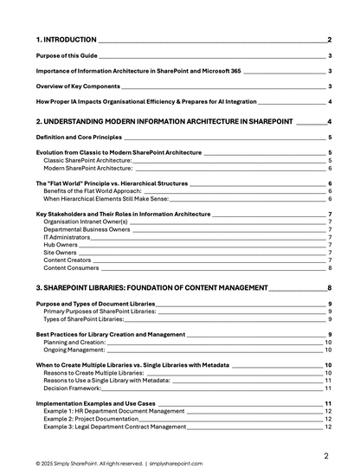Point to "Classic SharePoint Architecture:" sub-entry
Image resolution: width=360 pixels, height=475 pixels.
(87, 161)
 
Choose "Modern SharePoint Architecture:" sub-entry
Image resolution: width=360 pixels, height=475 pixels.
(88, 168)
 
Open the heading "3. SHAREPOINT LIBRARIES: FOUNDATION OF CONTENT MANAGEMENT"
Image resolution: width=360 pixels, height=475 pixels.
(151, 287)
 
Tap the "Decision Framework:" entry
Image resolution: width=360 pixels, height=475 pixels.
(74, 388)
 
